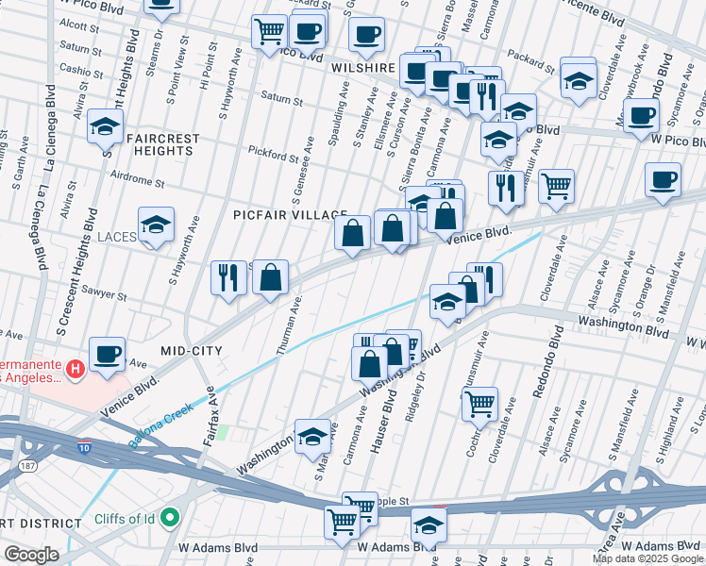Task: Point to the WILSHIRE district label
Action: pyautogui.click(x=361, y=68)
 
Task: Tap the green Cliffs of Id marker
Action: pyautogui.click(x=171, y=517)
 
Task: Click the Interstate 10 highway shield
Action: pyautogui.click(x=84, y=448)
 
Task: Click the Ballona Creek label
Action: pyautogui.click(x=168, y=414)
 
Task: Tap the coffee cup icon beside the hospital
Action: pyautogui.click(x=107, y=353)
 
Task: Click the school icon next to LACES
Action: pyautogui.click(x=156, y=225)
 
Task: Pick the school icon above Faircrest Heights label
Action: pyautogui.click(x=105, y=125)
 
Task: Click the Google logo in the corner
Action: pyautogui.click(x=31, y=555)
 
